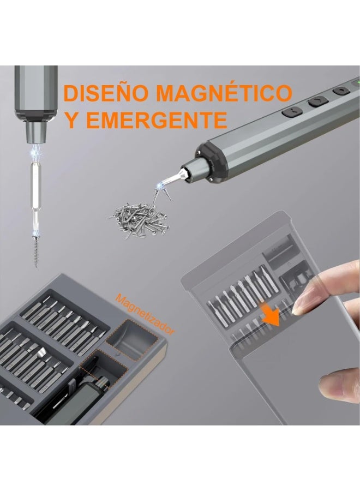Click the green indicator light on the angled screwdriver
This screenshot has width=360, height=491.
click(356, 83)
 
